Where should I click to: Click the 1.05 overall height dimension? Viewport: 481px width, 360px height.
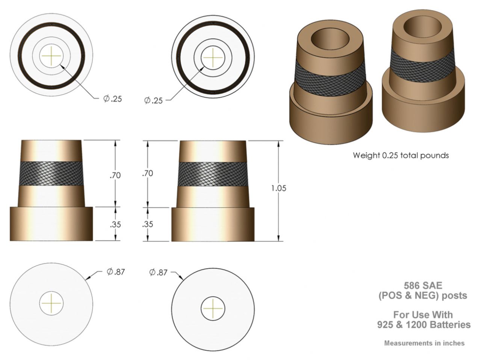click(x=278, y=188)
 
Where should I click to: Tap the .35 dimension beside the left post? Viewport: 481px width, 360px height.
click(x=115, y=224)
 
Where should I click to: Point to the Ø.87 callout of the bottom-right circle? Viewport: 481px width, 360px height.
click(x=158, y=273)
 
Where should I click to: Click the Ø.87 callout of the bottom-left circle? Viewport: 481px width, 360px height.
click(x=115, y=272)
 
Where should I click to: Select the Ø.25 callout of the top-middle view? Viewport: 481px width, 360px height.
click(x=153, y=101)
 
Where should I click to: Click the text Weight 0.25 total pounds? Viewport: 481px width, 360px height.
click(x=401, y=155)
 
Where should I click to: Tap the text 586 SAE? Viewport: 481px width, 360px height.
click(x=423, y=286)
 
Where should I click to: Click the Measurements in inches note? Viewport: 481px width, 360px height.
click(x=424, y=343)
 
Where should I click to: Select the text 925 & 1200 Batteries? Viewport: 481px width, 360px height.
click(x=424, y=324)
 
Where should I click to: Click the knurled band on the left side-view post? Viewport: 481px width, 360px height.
click(x=51, y=173)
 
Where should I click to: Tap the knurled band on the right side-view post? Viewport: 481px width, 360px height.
click(x=213, y=175)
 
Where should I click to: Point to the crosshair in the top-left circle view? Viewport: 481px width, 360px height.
click(x=51, y=56)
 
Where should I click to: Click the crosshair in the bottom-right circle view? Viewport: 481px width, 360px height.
click(x=213, y=308)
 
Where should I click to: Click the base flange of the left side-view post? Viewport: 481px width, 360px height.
click(x=51, y=224)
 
